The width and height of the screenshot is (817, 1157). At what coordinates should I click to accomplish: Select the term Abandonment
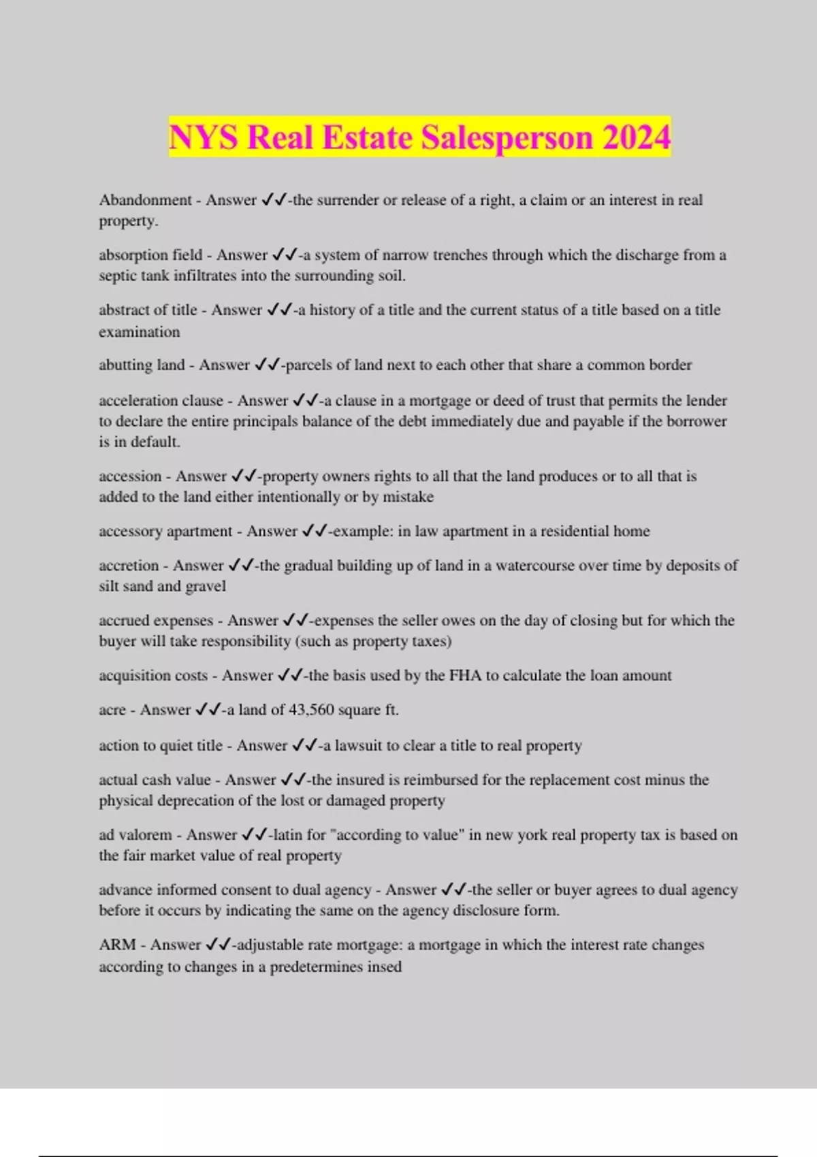click(145, 200)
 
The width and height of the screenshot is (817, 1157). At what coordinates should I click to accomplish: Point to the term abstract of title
click(148, 310)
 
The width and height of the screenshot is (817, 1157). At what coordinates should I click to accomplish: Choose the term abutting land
click(142, 365)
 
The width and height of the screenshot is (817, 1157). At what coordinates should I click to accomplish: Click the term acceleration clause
click(161, 401)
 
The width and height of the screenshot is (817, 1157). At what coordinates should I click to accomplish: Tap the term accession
click(130, 476)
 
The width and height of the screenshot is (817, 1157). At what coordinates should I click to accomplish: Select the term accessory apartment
click(165, 532)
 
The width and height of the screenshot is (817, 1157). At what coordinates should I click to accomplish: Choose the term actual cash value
click(155, 780)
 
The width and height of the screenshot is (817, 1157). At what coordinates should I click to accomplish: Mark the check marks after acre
click(208, 710)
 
